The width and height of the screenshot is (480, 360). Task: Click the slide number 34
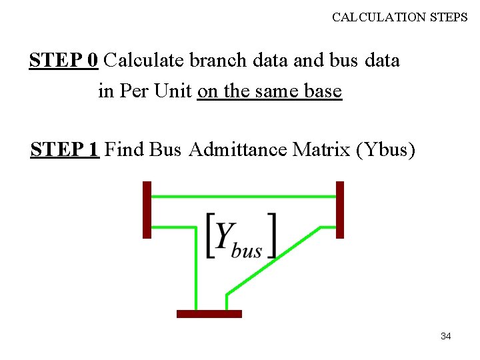(446, 336)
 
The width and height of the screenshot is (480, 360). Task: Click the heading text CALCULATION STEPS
(400, 17)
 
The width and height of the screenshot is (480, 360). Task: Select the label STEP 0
(64, 61)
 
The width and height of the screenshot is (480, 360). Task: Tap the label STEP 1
(65, 149)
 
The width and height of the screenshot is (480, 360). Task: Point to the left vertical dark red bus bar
(147, 209)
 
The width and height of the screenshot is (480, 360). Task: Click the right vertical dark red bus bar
(340, 209)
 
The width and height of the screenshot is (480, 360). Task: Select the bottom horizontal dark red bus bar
(209, 313)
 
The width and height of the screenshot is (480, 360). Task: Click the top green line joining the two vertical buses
(243, 197)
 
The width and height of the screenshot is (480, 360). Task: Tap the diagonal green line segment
(273, 261)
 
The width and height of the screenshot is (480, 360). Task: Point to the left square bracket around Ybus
(210, 235)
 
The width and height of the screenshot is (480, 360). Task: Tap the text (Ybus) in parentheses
(386, 149)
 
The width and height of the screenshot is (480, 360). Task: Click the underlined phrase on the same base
(269, 91)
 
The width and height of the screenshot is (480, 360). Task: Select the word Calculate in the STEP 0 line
(145, 61)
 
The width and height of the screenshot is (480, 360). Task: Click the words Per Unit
(155, 91)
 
